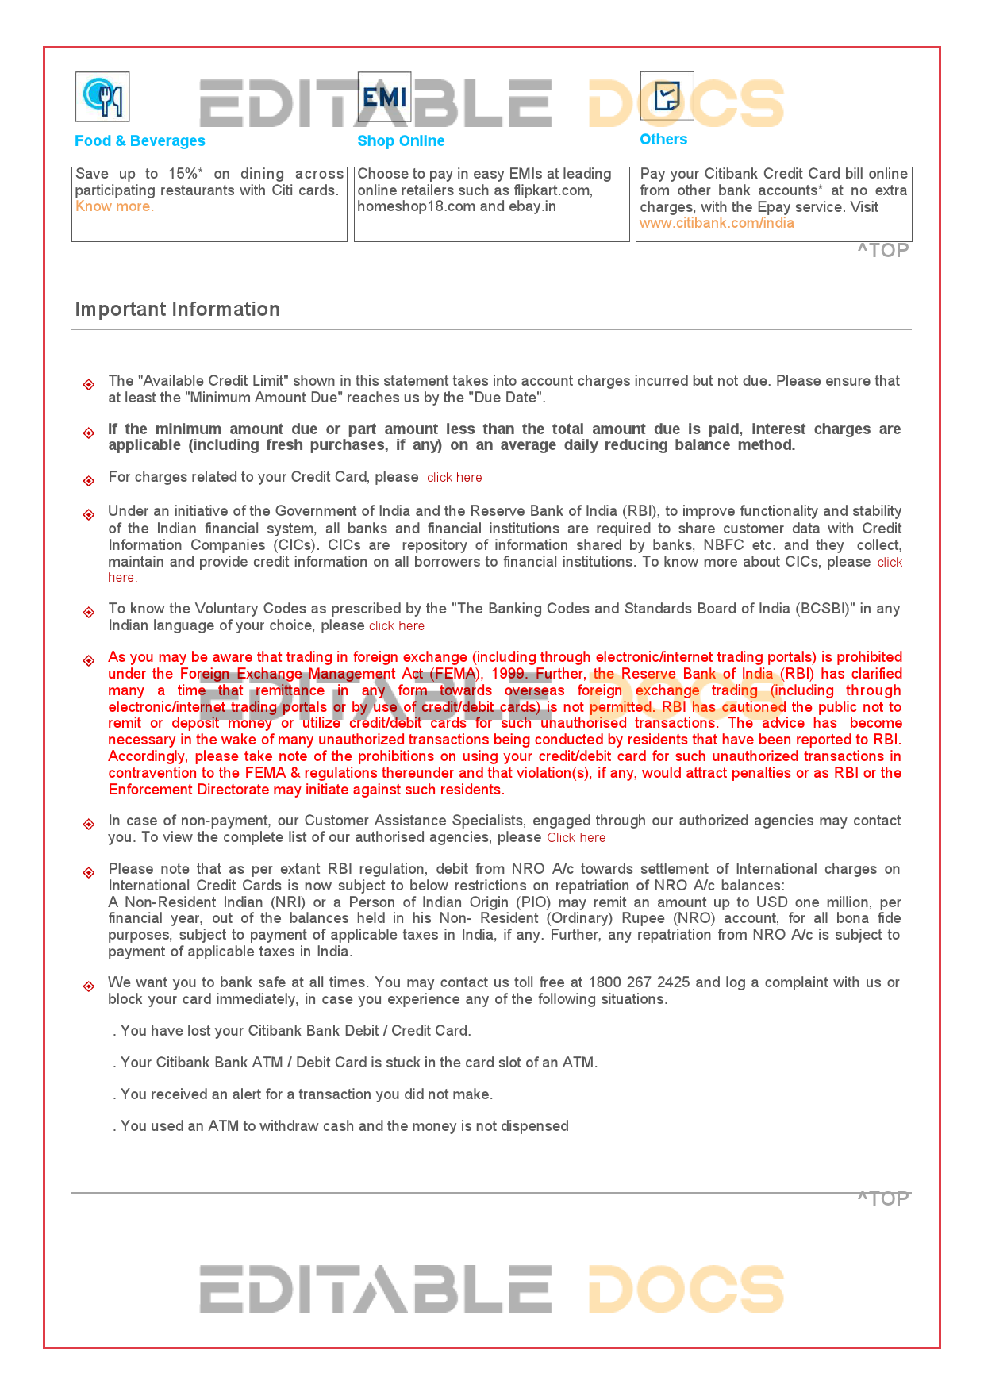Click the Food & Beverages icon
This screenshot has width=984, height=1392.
click(102, 97)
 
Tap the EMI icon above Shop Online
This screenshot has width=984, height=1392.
click(384, 97)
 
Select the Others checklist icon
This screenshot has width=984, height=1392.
click(667, 96)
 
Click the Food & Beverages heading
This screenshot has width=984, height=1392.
click(140, 140)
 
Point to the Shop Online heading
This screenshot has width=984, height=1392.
click(401, 140)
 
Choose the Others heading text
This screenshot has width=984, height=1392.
click(663, 139)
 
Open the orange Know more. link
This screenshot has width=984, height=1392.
click(114, 206)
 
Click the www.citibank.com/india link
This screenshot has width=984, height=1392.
click(717, 223)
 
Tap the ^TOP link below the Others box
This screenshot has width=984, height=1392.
click(883, 250)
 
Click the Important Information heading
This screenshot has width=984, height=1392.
click(177, 309)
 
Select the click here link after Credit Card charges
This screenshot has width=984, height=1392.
click(454, 477)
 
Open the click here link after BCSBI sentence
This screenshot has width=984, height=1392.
click(396, 625)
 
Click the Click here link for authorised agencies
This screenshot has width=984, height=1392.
click(576, 837)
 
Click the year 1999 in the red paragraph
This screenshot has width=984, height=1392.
click(507, 674)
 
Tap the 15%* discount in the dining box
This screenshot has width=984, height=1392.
click(185, 174)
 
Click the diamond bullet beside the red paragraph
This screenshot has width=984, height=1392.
click(89, 660)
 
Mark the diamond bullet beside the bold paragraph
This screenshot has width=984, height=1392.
click(89, 433)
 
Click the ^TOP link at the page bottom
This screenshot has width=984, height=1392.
click(883, 1198)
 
